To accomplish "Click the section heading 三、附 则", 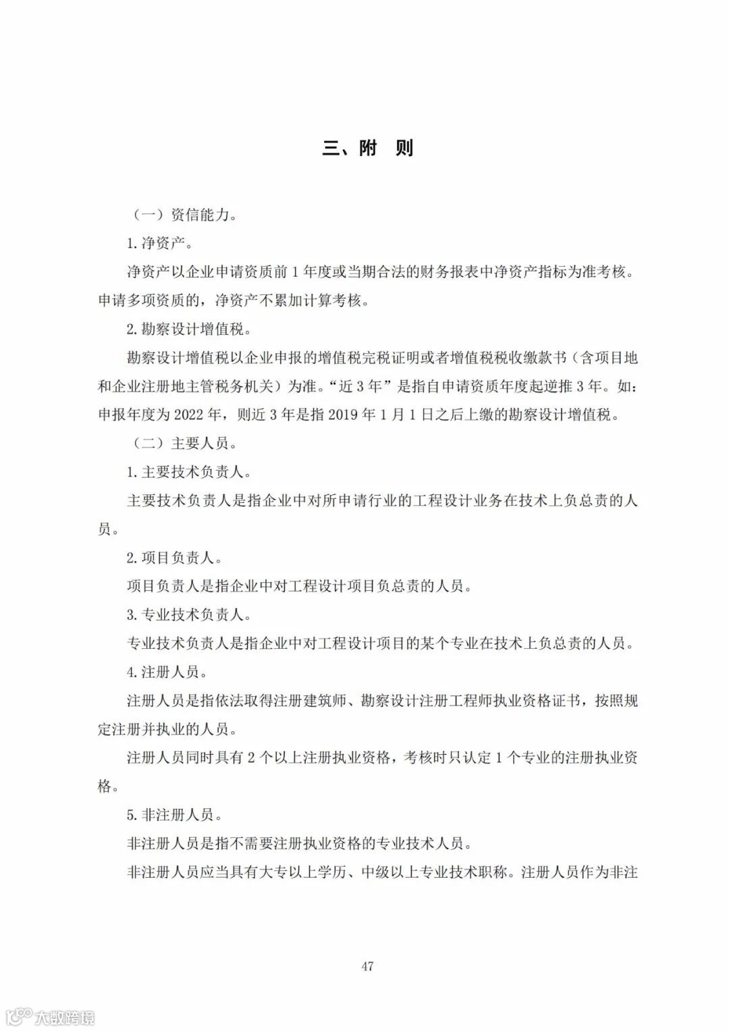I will (x=367, y=148).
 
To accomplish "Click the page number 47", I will (x=367, y=966).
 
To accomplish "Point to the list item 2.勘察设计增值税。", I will (x=189, y=329).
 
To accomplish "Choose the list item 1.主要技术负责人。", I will (x=189, y=472).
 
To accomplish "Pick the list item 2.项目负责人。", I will (x=174, y=558).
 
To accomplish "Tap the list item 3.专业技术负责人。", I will (x=189, y=614).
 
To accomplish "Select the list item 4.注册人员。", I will (x=167, y=672).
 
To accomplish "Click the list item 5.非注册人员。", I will (x=174, y=814).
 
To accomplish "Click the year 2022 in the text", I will (x=191, y=415).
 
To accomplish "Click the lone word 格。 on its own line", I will (x=109, y=786).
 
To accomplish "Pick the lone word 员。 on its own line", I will (x=109, y=529).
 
